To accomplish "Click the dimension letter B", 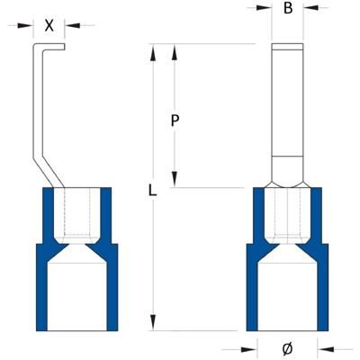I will coord(287,9).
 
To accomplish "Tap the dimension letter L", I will coord(154,192).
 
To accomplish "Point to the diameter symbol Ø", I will coord(287,348).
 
